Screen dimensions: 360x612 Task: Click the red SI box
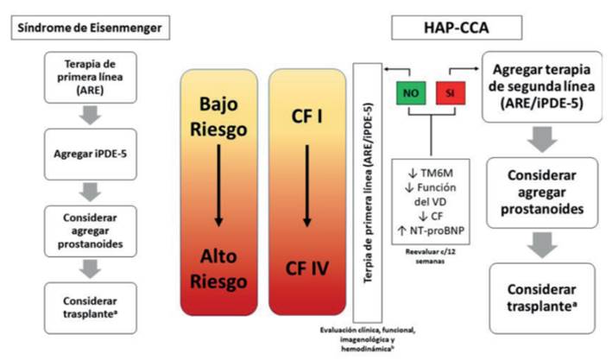(x=450, y=92)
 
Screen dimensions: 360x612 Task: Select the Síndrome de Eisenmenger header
(x=88, y=27)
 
